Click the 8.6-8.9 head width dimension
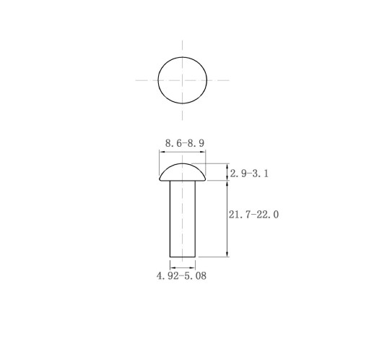point(185,143)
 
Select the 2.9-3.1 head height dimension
point(249,173)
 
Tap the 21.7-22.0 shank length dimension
point(253,214)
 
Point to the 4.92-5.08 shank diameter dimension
point(181,275)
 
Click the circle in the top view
point(158,80)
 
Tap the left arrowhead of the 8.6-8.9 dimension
point(162,152)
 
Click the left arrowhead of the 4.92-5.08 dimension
point(173,267)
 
